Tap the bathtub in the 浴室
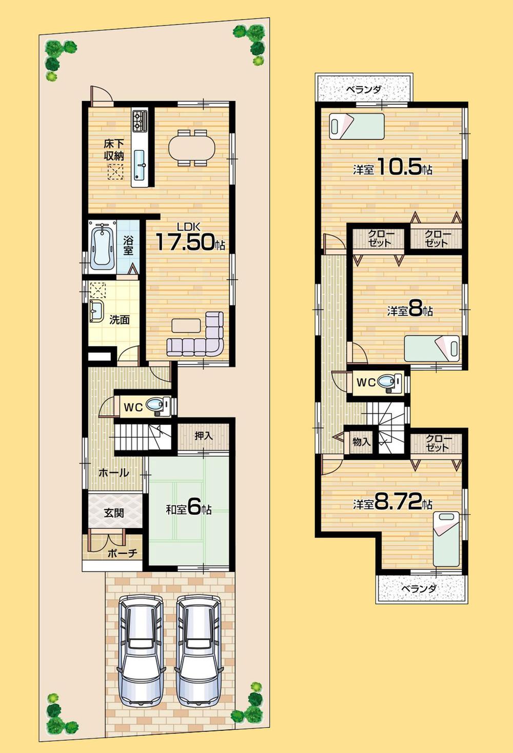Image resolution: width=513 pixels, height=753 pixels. point(102,245)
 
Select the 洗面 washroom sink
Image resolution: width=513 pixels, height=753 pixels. point(96,310)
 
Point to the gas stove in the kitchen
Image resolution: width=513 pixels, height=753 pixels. point(140,121)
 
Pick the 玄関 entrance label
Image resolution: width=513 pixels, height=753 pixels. point(113,512)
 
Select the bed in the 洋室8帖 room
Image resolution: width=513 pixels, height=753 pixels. point(431,348)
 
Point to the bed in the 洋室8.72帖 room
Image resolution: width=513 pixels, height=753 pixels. point(445,538)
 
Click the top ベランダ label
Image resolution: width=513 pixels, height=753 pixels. point(363,90)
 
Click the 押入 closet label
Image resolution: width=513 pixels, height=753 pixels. point(204,436)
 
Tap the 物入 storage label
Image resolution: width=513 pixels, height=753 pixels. point(361,441)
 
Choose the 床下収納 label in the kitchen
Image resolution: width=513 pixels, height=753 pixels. point(114,149)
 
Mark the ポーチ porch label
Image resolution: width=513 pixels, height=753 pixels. point(123,553)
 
